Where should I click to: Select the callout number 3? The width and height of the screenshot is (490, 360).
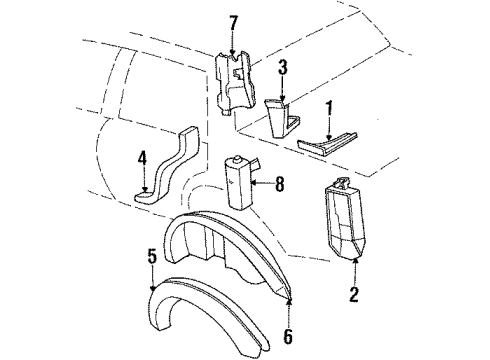(x=283, y=68)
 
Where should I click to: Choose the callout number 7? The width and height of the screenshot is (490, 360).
(x=234, y=21)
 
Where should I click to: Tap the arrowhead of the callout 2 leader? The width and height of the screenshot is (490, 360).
(x=357, y=258)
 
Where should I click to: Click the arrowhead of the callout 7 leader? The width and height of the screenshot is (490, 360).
(x=234, y=52)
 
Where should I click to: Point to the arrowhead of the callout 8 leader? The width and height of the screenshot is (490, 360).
(x=254, y=183)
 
